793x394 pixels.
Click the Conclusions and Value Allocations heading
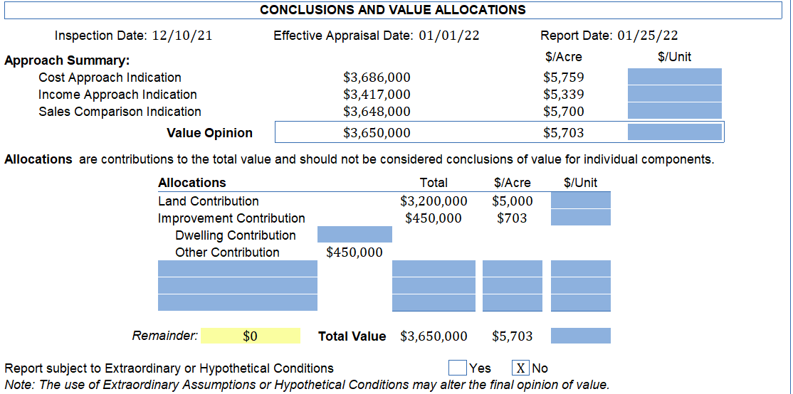click(x=393, y=10)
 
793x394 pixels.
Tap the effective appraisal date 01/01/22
click(x=448, y=36)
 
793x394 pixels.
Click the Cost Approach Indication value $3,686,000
click(x=377, y=78)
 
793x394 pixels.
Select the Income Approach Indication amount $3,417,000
click(x=377, y=95)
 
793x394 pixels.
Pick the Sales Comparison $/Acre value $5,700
click(x=563, y=112)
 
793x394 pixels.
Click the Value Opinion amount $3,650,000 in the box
click(x=377, y=133)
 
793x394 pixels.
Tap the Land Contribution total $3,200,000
click(x=434, y=201)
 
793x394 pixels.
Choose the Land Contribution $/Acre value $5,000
click(x=512, y=201)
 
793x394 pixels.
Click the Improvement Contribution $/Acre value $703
click(x=512, y=218)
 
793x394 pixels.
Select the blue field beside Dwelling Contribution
click(x=355, y=235)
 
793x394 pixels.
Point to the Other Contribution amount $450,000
click(x=354, y=252)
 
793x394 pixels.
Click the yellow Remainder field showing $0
click(x=250, y=336)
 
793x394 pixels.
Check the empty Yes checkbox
click(x=458, y=368)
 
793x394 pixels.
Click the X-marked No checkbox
click(x=521, y=368)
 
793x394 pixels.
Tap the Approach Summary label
click(x=67, y=60)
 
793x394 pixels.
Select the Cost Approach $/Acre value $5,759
click(x=563, y=78)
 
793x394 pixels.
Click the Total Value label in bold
click(x=352, y=336)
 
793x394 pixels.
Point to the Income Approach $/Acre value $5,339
click(x=563, y=95)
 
